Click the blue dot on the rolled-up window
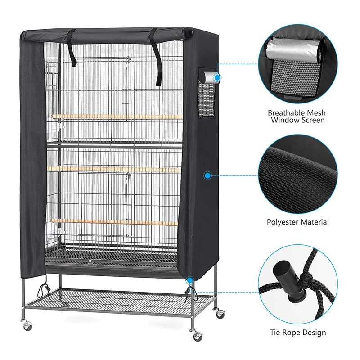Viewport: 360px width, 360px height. pyautogui.click(x=217, y=78)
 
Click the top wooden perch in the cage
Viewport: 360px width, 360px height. pyautogui.click(x=117, y=117)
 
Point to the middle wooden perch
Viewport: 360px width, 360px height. pyautogui.click(x=117, y=169)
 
